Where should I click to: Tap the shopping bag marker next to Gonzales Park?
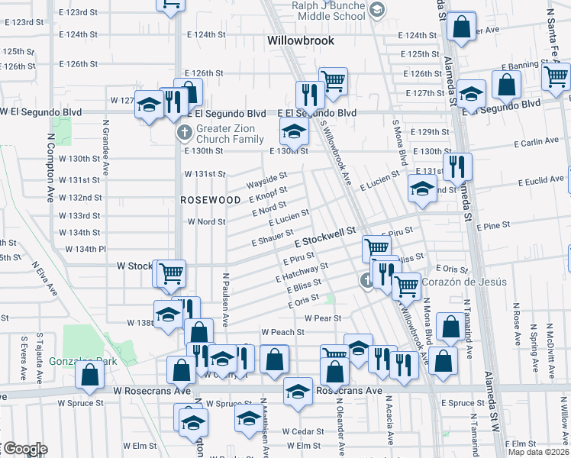90,374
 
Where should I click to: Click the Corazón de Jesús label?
463,282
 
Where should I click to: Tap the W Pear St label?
321,318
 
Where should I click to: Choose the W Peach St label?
282,332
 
